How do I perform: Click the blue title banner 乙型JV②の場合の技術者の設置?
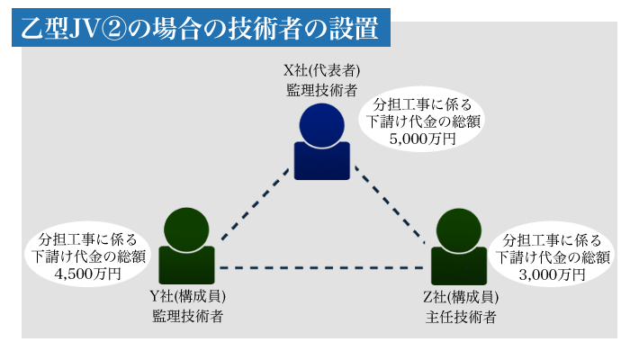pos(201,27)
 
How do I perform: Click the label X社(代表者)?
pos(321,70)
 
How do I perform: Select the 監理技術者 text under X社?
pos(321,90)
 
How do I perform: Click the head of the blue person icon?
pos(321,125)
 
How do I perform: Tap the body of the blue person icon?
pos(321,161)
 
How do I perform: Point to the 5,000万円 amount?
pos(422,139)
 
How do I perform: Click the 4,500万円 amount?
pos(87,274)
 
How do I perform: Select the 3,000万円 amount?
pos(553,274)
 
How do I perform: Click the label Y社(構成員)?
pos(187,296)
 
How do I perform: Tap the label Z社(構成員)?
pos(461,297)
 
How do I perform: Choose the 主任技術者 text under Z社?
pos(461,317)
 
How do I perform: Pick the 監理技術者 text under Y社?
pos(187,316)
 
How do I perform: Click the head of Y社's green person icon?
pos(186,229)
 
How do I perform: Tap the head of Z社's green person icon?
pos(458,230)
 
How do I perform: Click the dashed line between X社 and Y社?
pos(256,204)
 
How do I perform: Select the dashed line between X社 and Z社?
pos(390,204)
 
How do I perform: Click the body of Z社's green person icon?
pos(459,266)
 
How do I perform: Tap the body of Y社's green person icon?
pos(186,265)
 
